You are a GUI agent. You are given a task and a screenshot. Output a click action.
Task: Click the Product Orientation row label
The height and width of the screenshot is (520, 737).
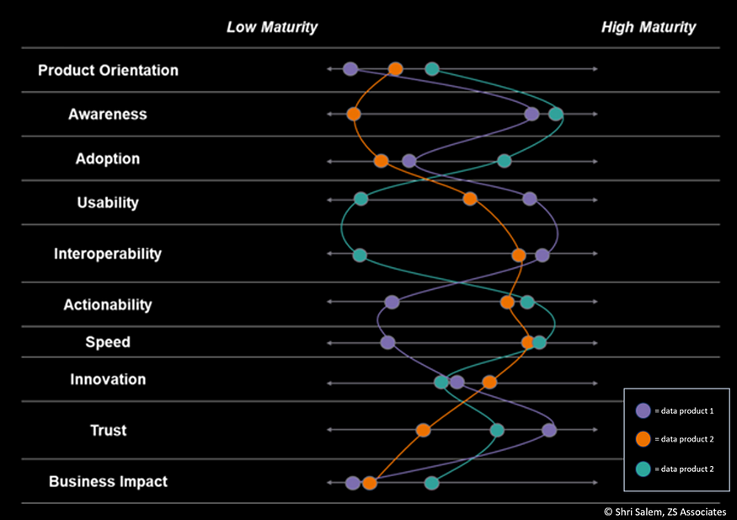tap(108, 71)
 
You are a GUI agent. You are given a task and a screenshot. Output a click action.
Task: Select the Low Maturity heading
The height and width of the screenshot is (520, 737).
tap(271, 27)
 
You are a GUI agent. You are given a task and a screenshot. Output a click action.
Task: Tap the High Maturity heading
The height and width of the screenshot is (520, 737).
tap(648, 27)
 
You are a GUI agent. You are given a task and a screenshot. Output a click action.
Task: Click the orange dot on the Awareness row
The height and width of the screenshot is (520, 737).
tap(354, 114)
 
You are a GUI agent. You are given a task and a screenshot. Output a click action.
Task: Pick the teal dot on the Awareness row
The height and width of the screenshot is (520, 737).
tap(556, 114)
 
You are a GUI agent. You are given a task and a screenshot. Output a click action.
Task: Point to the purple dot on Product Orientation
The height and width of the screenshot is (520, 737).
tap(350, 69)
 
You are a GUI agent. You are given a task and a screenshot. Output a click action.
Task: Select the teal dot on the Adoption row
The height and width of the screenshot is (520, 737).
tap(504, 160)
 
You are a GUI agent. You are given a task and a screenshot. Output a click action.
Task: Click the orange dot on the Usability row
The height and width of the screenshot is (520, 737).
tap(470, 199)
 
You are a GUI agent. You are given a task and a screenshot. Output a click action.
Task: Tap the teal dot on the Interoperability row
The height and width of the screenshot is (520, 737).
tap(360, 255)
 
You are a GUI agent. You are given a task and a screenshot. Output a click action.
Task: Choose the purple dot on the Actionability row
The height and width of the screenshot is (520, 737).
tap(392, 302)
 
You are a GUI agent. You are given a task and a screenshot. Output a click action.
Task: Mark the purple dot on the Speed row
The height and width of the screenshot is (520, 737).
tap(387, 342)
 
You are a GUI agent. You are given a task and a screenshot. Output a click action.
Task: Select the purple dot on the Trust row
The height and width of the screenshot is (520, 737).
tap(549, 430)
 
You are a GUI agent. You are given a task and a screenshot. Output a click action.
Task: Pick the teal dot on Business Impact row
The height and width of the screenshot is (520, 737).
tap(431, 483)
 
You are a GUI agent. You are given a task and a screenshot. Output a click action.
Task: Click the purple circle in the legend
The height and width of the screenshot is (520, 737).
tap(644, 410)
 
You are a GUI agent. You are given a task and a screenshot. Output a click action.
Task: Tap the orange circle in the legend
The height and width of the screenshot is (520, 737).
tap(644, 439)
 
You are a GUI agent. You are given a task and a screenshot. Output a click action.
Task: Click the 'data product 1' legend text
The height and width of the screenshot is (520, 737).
tap(684, 411)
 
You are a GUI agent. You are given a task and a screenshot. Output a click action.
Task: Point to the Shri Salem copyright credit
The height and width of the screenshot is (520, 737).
tap(665, 511)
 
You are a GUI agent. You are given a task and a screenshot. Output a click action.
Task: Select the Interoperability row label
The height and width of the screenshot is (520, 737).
tap(108, 254)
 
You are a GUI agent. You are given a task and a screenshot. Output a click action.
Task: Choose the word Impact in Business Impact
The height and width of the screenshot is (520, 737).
tap(142, 482)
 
